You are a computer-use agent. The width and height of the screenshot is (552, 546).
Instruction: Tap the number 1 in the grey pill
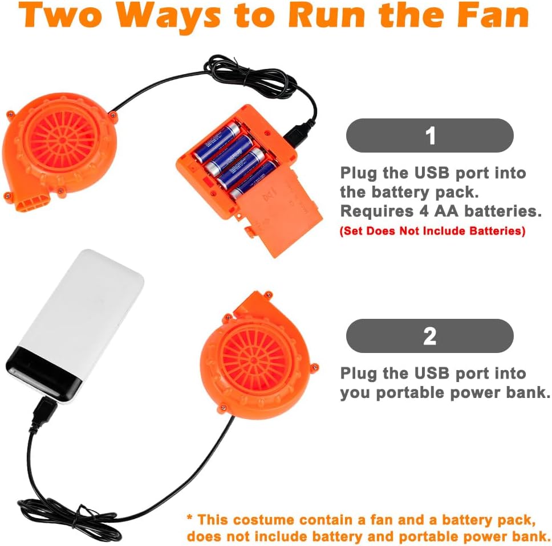430,136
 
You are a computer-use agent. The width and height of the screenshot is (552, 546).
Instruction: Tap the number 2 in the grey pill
430,336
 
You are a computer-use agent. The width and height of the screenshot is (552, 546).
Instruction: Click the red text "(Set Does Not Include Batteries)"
432,231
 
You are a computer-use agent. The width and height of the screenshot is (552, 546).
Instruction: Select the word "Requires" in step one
376,212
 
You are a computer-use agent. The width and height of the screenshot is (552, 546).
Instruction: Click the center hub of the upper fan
63,140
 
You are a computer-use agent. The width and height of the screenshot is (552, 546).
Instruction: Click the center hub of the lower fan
253,360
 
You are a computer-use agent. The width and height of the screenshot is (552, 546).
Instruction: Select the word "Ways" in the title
168,16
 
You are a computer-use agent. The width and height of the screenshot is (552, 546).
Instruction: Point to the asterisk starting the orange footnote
190,518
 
